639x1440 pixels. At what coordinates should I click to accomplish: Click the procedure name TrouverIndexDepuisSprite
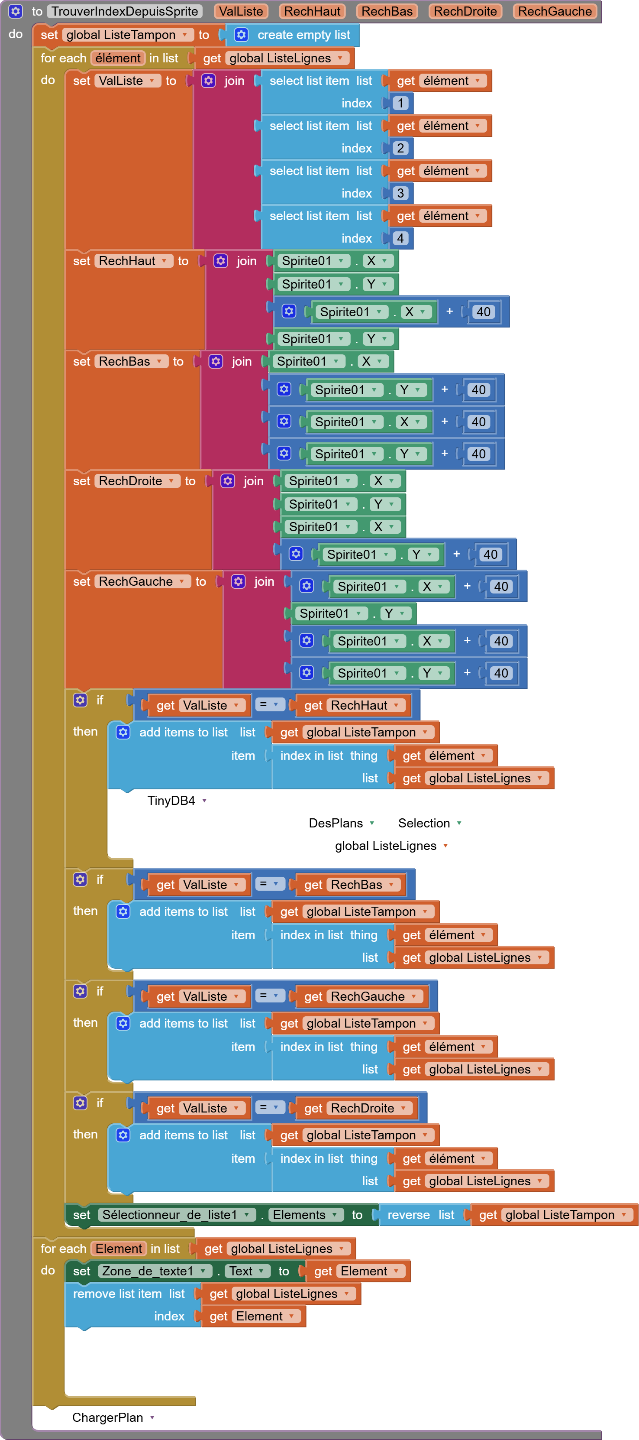(x=125, y=11)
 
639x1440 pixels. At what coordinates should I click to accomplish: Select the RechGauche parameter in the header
(x=555, y=11)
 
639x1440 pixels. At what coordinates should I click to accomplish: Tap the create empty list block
(x=303, y=35)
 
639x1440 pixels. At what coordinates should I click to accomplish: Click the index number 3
(x=400, y=193)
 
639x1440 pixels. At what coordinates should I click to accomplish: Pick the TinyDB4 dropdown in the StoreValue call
(x=177, y=801)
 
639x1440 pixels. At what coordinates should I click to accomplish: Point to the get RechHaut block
(x=352, y=705)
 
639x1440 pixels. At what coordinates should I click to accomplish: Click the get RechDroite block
(x=356, y=1108)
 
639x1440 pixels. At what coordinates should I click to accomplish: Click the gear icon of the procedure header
(x=16, y=11)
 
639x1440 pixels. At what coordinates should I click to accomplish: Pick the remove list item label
(x=117, y=1294)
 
